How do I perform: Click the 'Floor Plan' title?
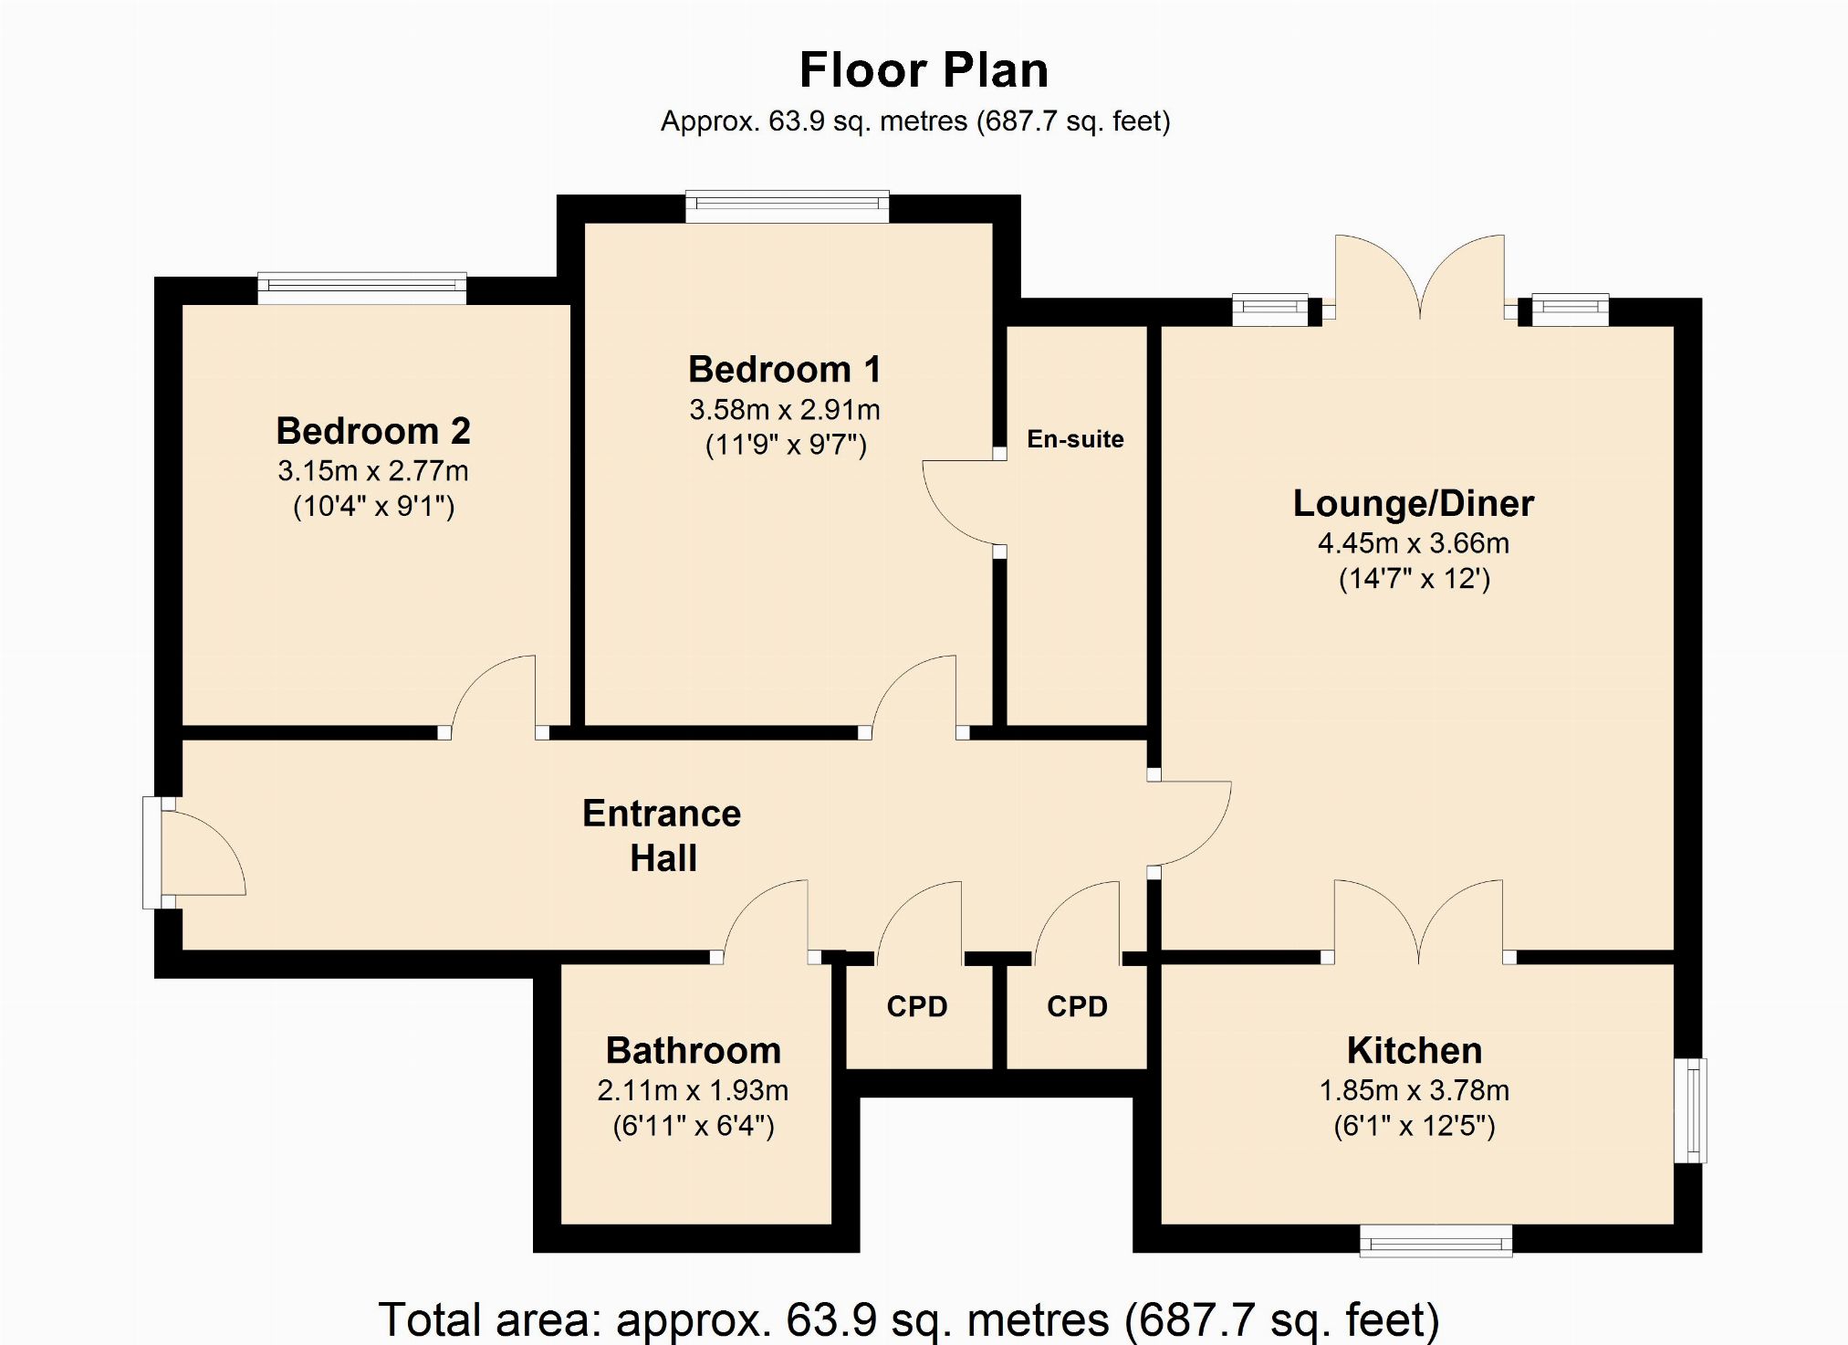pos(924,70)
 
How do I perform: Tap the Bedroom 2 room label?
pos(373,431)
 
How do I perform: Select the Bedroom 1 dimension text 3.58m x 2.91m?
pos(785,410)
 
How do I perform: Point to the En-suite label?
pos(1075,439)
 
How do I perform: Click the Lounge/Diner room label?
pos(1414,504)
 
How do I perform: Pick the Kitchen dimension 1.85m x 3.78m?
pos(1415,1090)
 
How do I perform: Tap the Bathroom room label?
pos(694,1051)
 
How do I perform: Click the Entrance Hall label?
pos(663,835)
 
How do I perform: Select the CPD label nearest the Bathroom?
pos(917,1006)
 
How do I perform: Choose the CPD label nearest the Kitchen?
pos(1077,1006)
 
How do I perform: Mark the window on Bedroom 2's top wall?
pos(362,288)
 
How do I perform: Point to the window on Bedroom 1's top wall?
pos(788,206)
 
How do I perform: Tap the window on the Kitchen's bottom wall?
pos(1436,1241)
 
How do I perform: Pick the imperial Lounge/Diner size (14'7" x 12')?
pos(1415,579)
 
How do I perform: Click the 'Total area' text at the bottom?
pos(909,1319)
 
